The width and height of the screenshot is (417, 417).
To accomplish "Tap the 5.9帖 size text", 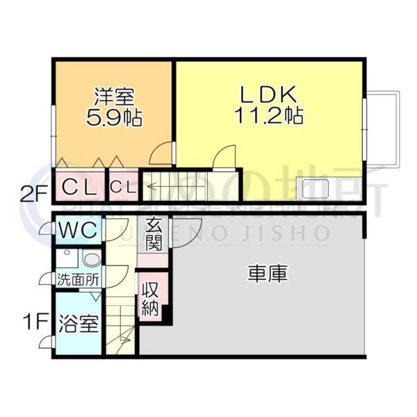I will click(x=114, y=117).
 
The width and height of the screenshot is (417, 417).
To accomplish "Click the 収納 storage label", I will click(x=150, y=299).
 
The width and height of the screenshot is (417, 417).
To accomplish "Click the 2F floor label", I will click(x=33, y=193).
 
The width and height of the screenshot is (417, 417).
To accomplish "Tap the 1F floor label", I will click(x=34, y=322).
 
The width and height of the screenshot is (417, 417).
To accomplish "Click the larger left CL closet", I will click(x=79, y=186).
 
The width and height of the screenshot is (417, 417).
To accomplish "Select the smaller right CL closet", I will click(x=124, y=186).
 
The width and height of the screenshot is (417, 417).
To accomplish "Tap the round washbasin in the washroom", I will click(x=91, y=260).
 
